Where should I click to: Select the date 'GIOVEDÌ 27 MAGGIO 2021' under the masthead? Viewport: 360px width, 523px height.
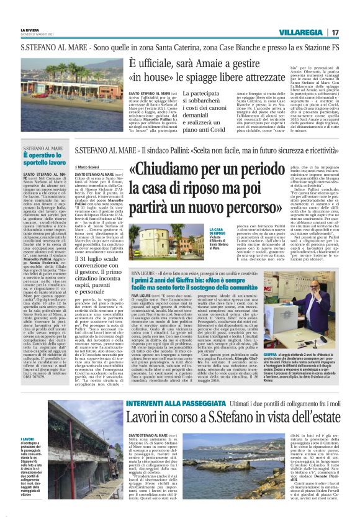click(x=38, y=35)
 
